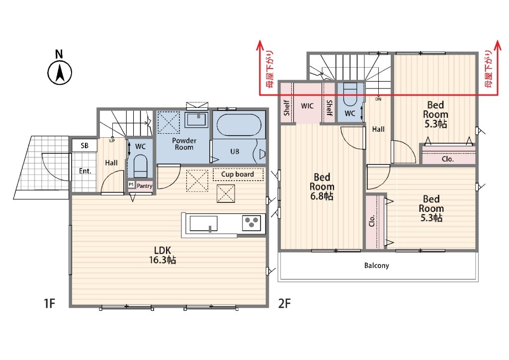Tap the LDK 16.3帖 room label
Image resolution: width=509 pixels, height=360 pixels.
[x=163, y=255]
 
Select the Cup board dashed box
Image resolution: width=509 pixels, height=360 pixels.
[x=238, y=175]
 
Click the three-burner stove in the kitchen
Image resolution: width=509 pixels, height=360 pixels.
[x=252, y=223]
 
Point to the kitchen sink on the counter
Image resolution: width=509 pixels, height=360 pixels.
[x=203, y=224]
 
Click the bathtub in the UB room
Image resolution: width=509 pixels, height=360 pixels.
[x=239, y=125]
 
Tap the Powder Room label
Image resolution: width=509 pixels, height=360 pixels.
[x=184, y=144]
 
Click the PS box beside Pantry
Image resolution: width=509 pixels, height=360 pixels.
[x=131, y=184]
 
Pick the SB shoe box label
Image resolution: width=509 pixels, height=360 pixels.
[x=85, y=145]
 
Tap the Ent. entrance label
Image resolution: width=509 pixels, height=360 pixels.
[x=85, y=171]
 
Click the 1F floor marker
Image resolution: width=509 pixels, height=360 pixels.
[x=49, y=303]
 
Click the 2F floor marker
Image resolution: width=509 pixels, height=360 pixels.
[x=284, y=303]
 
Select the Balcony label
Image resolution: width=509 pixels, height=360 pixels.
[x=377, y=266]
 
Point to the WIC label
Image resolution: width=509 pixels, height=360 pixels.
[x=307, y=106]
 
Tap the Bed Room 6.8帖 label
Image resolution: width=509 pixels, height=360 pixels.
[x=322, y=186]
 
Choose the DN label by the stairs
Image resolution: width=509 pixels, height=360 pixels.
[x=378, y=99]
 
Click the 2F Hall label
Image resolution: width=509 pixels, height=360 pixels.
[x=378, y=129]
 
